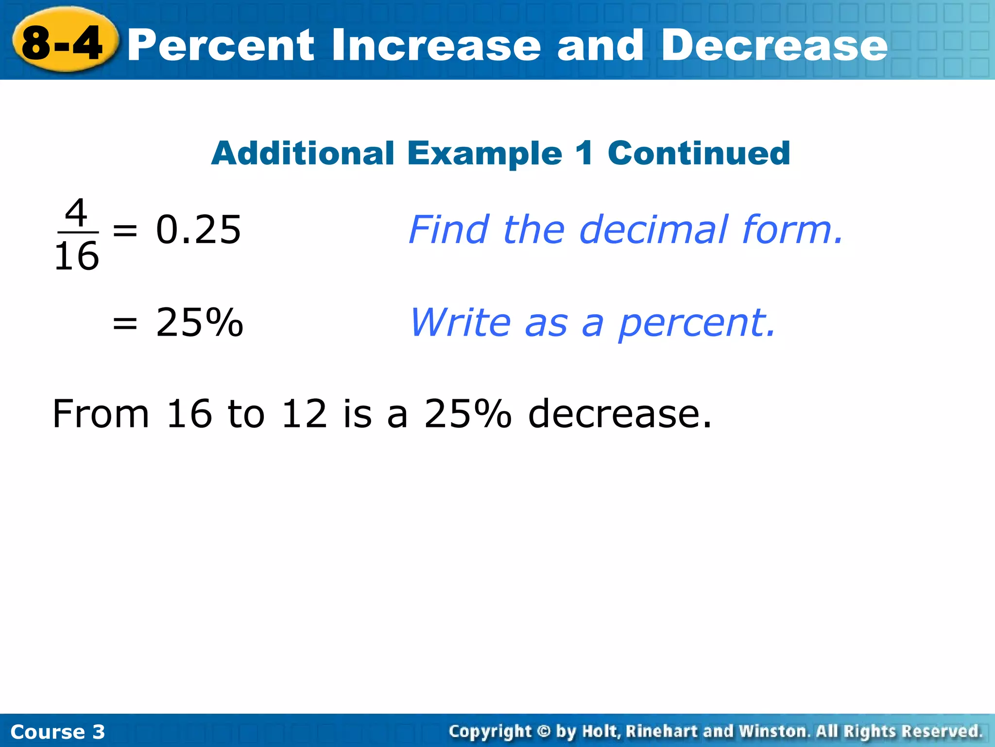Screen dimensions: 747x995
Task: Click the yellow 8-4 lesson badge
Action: click(63, 43)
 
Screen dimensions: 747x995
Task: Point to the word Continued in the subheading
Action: click(699, 153)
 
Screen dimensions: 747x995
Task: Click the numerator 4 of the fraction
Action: click(76, 213)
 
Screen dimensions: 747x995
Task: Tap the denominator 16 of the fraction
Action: click(76, 256)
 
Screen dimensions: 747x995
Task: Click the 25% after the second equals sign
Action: click(199, 322)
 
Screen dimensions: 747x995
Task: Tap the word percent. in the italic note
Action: click(697, 323)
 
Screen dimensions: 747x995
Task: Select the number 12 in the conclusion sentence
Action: click(304, 414)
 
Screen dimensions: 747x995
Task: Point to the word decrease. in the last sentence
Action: click(620, 414)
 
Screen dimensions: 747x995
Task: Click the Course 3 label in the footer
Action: click(57, 732)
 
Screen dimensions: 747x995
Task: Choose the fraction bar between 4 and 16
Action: click(78, 233)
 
